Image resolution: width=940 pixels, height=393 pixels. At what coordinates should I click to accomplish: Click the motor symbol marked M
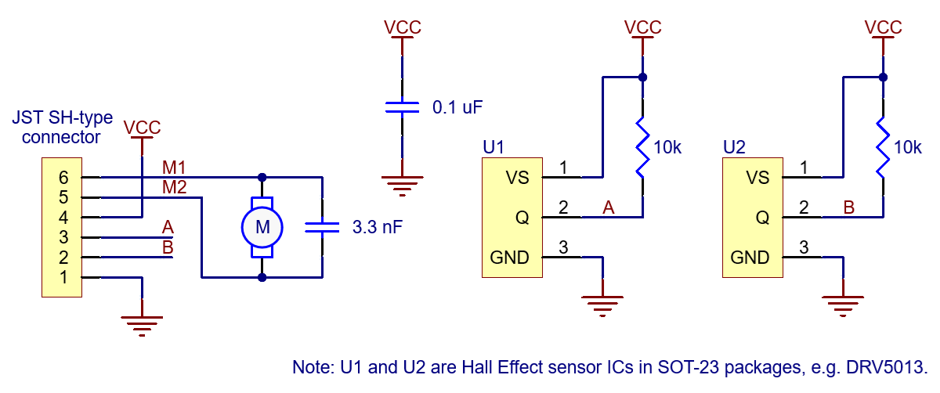click(262, 227)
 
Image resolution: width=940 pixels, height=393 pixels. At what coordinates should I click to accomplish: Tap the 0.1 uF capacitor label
click(457, 107)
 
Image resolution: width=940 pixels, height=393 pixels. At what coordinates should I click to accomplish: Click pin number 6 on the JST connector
click(63, 177)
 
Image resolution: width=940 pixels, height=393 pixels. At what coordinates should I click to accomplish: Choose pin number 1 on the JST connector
click(63, 277)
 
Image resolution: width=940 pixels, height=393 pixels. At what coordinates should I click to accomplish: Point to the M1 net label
click(174, 167)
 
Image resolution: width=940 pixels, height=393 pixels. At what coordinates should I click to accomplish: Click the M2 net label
click(174, 187)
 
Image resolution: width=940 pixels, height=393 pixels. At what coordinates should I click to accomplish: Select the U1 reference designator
click(493, 146)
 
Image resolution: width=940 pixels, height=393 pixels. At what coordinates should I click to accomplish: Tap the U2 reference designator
click(734, 146)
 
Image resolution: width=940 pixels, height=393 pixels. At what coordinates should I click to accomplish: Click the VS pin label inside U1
click(517, 178)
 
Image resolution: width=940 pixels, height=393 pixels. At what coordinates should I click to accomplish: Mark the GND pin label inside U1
click(509, 258)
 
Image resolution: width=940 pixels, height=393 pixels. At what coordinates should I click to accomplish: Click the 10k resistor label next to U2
click(907, 147)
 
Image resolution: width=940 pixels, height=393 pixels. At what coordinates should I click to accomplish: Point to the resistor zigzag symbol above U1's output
click(642, 146)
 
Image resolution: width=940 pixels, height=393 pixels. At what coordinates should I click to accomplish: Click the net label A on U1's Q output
click(608, 207)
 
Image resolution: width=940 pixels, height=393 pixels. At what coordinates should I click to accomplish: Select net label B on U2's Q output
click(848, 207)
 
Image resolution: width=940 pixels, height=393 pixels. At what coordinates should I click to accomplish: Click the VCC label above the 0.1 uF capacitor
click(403, 27)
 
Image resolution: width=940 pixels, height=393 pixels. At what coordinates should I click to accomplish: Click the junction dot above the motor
click(262, 177)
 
